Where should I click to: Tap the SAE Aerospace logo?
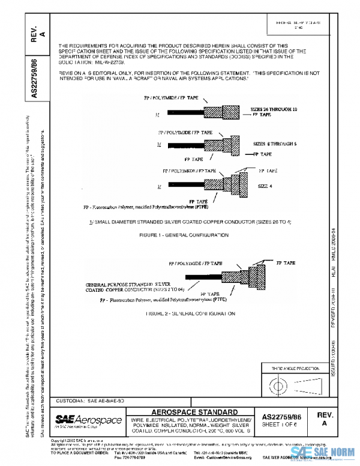tap(88, 419)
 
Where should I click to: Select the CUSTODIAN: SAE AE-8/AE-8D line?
tap(91, 399)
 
